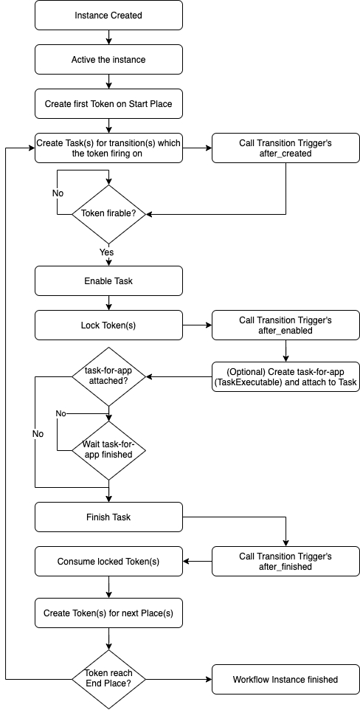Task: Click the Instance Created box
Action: [108, 15]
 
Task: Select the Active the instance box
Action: [108, 59]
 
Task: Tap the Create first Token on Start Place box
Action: [108, 103]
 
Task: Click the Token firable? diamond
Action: [108, 214]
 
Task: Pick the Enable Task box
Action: [108, 280]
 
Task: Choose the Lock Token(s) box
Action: [108, 325]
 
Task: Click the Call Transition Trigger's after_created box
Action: [285, 148]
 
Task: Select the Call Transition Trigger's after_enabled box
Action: [285, 325]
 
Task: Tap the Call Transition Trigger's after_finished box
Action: [285, 561]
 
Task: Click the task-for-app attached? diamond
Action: [108, 376]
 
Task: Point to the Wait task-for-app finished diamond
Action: [108, 450]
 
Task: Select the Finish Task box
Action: [108, 517]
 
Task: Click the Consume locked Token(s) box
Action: [108, 561]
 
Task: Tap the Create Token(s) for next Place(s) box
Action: [108, 613]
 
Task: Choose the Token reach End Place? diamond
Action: [108, 679]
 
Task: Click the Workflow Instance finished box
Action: [285, 679]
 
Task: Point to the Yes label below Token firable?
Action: [107, 252]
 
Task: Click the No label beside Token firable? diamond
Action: [58, 193]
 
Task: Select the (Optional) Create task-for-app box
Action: [285, 376]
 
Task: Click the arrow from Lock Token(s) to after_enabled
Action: [198, 325]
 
